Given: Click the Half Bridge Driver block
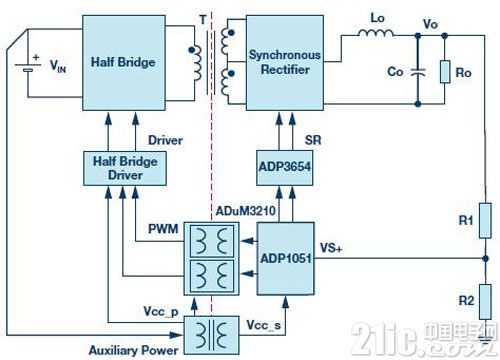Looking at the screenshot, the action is pyautogui.click(x=125, y=168).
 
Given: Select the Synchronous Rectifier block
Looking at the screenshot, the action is pyautogui.click(x=285, y=63).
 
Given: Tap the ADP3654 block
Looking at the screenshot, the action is pyautogui.click(x=285, y=168).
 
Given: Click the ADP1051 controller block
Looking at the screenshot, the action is pyautogui.click(x=286, y=259).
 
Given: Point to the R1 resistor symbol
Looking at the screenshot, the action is pyautogui.click(x=485, y=220).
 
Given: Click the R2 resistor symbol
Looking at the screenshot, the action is pyautogui.click(x=485, y=302).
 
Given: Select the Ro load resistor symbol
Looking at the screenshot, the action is pyautogui.click(x=445, y=72).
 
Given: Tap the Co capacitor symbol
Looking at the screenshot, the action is pyautogui.click(x=418, y=72).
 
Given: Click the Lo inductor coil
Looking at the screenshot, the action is pyautogui.click(x=376, y=33).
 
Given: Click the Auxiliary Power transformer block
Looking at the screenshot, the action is pyautogui.click(x=212, y=335).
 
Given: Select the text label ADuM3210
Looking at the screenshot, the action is pyautogui.click(x=246, y=211).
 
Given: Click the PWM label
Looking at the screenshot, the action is pyautogui.click(x=163, y=229).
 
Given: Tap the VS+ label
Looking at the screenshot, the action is pyautogui.click(x=331, y=248).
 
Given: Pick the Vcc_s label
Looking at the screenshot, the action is pyautogui.click(x=264, y=325).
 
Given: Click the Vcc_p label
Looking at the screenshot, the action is pyautogui.click(x=161, y=311).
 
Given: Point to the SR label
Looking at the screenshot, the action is pyautogui.click(x=313, y=140).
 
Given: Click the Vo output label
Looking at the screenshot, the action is pyautogui.click(x=430, y=24).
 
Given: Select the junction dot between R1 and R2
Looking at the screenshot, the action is pyautogui.click(x=485, y=258).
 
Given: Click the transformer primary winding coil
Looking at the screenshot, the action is pyautogui.click(x=197, y=63).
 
